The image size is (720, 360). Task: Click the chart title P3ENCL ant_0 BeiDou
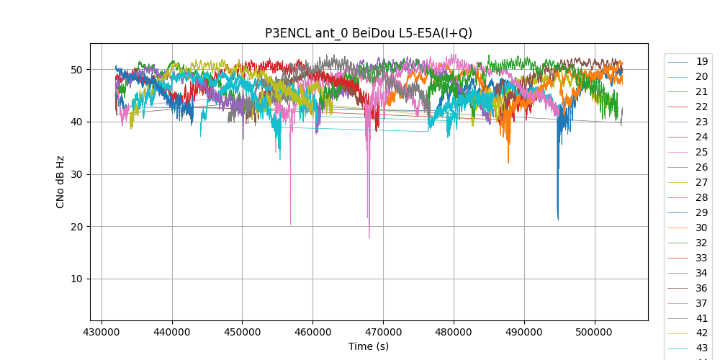(x=369, y=33)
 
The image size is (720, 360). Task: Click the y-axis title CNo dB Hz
(x=60, y=181)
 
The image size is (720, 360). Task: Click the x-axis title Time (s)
(x=369, y=346)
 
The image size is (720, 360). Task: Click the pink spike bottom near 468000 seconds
(x=369, y=238)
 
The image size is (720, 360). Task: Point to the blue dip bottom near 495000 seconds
(x=558, y=220)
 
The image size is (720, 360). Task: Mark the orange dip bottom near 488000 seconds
(x=508, y=162)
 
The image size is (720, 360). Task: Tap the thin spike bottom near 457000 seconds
(x=291, y=224)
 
